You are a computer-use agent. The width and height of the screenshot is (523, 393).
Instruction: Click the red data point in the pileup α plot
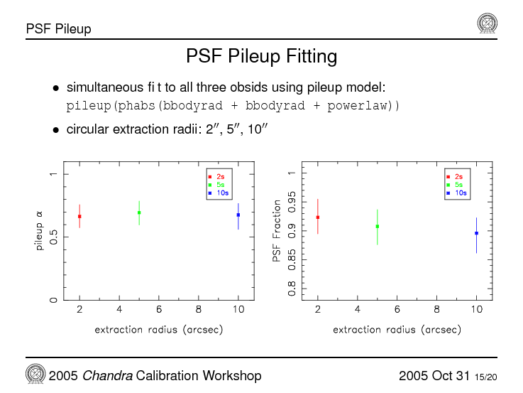(79, 216)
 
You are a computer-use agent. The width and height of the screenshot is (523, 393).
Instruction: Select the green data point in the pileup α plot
(139, 212)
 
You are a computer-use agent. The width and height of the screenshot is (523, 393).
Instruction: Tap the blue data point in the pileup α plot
(238, 215)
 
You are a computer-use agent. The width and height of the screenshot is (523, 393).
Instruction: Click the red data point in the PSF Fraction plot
(318, 217)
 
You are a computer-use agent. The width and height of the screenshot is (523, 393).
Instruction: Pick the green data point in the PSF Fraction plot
(378, 226)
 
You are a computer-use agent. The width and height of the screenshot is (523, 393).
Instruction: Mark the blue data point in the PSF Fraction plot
(476, 233)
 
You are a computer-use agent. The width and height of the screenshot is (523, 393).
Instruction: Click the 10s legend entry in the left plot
(218, 193)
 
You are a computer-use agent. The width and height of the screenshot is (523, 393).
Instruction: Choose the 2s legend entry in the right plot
(456, 176)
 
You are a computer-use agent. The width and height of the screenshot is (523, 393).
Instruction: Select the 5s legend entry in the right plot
(456, 185)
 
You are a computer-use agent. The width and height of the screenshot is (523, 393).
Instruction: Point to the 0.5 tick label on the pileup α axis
(53, 237)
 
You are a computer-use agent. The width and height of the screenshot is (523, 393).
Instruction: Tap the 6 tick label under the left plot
(159, 309)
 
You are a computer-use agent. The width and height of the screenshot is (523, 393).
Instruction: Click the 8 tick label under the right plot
(437, 309)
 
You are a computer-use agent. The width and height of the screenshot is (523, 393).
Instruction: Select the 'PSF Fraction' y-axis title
(277, 230)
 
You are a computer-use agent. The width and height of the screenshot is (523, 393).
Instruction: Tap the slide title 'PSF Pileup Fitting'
(261, 55)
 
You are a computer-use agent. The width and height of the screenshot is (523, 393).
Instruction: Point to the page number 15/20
(486, 377)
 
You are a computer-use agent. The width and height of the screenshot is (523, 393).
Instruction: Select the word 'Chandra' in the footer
(103, 375)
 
